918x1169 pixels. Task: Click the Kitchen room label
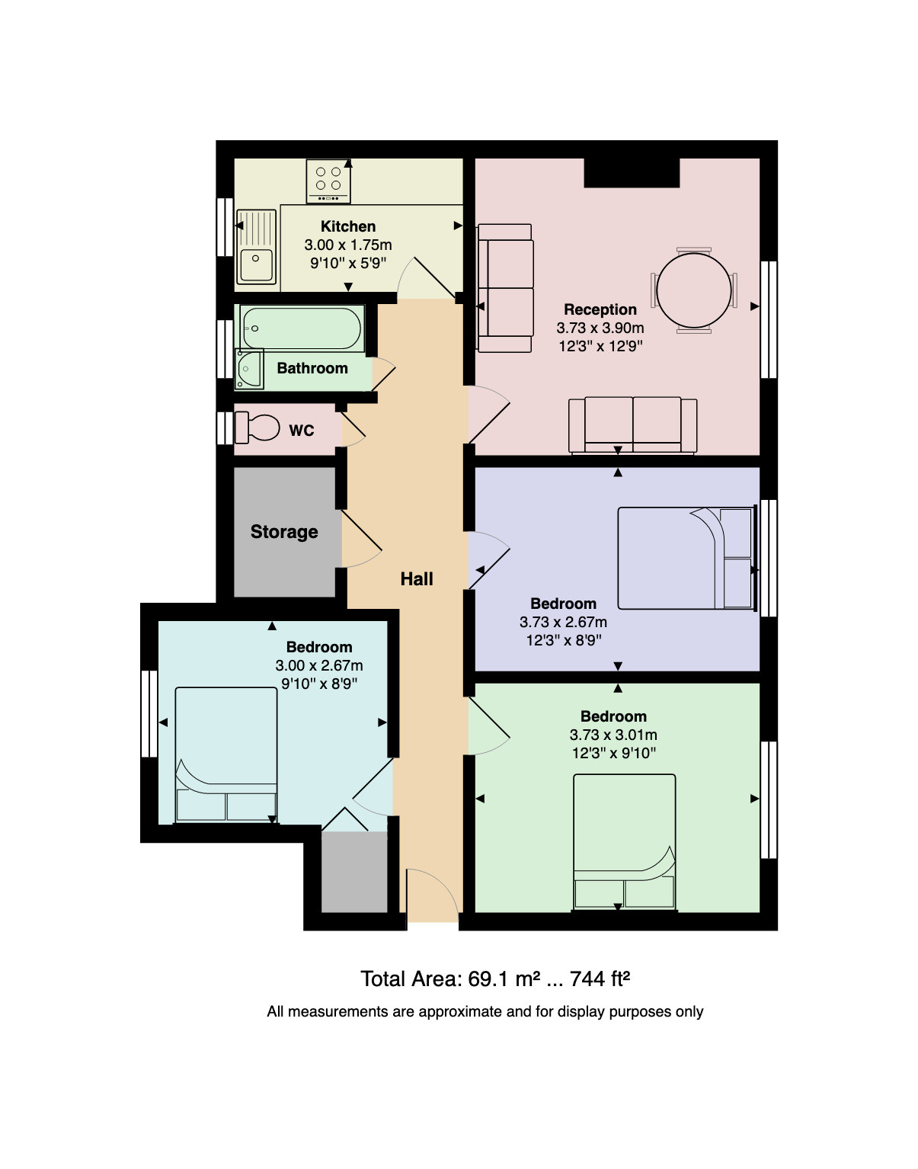348,226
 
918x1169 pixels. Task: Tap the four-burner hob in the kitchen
328,181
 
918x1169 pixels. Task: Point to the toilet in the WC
257,428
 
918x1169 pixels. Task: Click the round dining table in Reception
694,290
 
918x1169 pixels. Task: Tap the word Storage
284,532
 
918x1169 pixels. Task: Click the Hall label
417,579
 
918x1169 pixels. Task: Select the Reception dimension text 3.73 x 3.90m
600,328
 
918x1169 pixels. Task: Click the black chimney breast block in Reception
632,173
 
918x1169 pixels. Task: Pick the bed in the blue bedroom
226,754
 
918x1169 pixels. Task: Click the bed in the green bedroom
625,842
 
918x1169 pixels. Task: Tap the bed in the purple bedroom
685,558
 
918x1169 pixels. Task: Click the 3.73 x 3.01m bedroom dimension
613,735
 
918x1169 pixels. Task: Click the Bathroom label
312,369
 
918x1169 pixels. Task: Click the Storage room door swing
361,538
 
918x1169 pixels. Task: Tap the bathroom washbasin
249,369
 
